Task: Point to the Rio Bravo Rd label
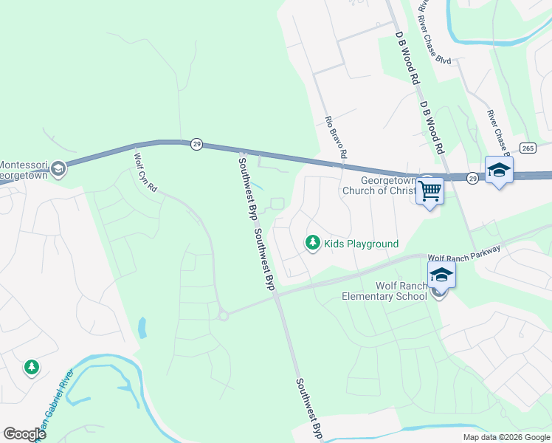pyautogui.click(x=335, y=137)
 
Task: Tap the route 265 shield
pyautogui.click(x=527, y=148)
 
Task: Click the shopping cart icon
pyautogui.click(x=429, y=191)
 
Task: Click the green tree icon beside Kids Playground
pyautogui.click(x=313, y=243)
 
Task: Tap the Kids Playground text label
pyautogui.click(x=362, y=244)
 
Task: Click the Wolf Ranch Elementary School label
pyautogui.click(x=384, y=291)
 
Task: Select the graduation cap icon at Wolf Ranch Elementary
pyautogui.click(x=441, y=275)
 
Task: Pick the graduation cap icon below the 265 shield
pyautogui.click(x=499, y=170)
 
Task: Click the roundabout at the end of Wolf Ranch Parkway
pyautogui.click(x=223, y=315)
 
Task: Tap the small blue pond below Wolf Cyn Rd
pyautogui.click(x=142, y=326)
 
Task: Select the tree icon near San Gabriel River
pyautogui.click(x=31, y=366)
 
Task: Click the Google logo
pyautogui.click(x=24, y=434)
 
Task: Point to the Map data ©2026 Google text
pyautogui.click(x=506, y=437)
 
